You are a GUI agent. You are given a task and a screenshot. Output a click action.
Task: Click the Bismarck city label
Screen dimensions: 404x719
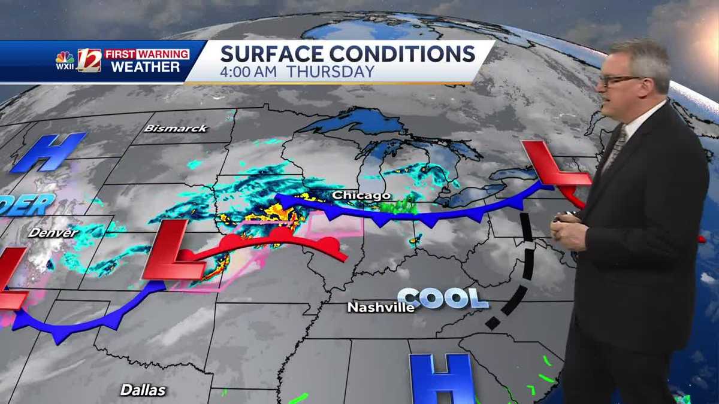pos(176,128)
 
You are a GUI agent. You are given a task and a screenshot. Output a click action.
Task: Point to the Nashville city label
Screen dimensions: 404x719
pos(381,308)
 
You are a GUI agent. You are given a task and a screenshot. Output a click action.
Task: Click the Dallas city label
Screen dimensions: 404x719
pos(143,390)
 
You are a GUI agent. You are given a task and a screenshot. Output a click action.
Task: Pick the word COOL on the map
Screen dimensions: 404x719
pos(443,298)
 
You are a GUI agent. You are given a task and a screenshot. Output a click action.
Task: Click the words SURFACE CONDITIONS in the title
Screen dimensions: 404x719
pos(348,54)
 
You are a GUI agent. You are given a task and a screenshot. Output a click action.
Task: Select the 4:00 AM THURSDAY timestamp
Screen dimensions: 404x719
pos(297,72)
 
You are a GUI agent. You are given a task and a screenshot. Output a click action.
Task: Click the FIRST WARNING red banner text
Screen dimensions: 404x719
pos(147,54)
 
